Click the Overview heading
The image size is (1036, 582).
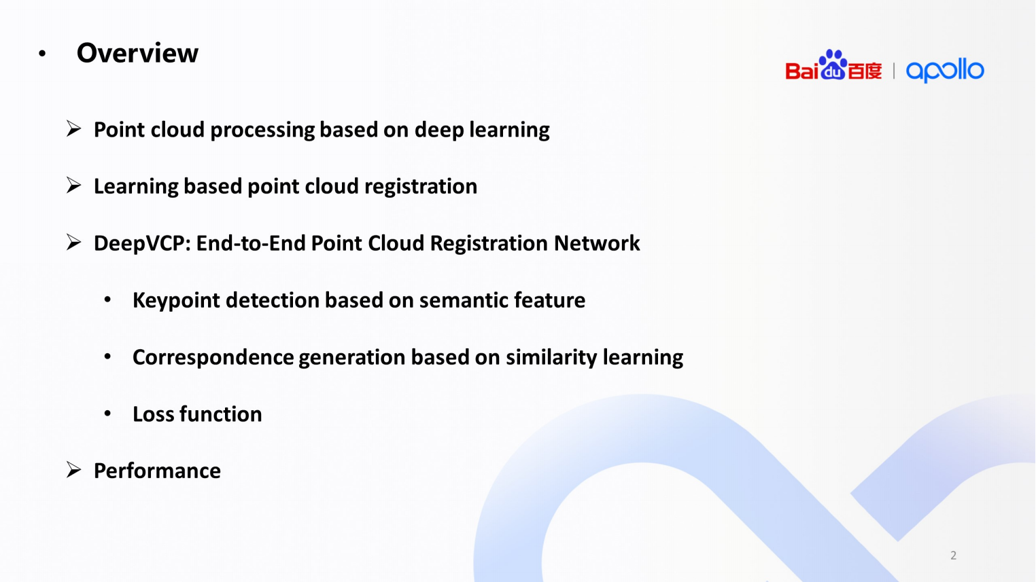[137, 53]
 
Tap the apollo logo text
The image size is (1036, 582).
[945, 70]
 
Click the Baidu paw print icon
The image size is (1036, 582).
[833, 65]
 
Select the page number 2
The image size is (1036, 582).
[953, 556]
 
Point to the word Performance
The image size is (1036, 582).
[157, 471]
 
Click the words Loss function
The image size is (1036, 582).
[197, 414]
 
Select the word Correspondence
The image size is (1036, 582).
[213, 357]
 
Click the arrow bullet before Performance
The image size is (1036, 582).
[74, 470]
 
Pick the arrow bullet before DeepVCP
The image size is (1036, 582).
[74, 242]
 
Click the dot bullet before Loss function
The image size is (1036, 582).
[107, 414]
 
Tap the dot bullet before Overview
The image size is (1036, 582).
[42, 54]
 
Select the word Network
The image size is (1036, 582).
[597, 243]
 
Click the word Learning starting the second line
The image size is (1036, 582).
[135, 187]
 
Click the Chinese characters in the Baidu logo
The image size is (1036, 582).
[865, 71]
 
